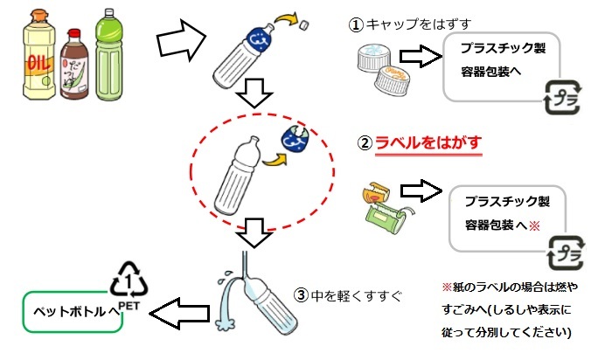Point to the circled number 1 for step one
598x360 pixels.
coord(356,25)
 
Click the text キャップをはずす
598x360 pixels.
coord(403,25)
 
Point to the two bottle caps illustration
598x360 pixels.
coord(380,69)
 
